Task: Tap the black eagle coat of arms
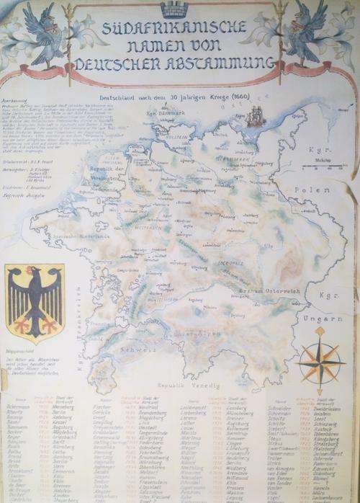click(35, 301)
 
